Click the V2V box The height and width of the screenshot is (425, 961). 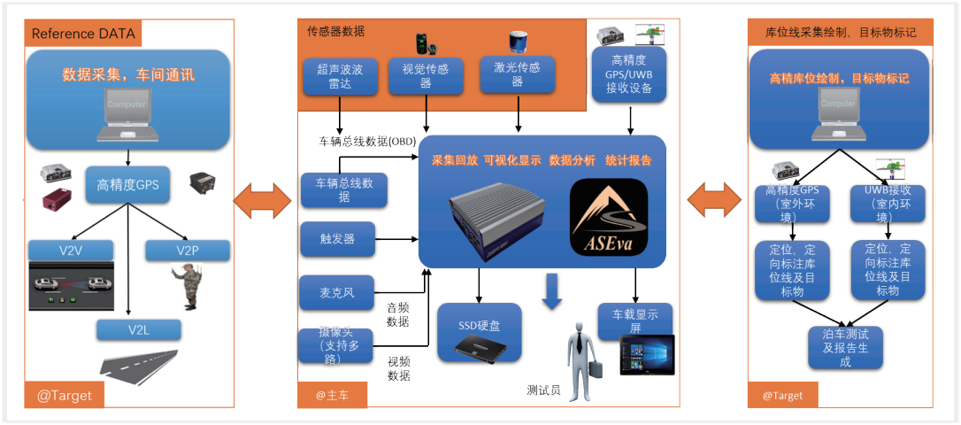click(71, 250)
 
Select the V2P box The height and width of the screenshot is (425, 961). click(187, 251)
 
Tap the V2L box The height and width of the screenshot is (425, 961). click(140, 330)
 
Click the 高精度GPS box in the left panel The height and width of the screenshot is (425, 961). click(127, 186)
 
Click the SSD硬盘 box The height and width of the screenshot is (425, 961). click(480, 331)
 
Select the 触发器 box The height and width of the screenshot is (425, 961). click(337, 239)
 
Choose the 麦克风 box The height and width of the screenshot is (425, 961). click(337, 292)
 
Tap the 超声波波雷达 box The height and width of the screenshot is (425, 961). click(340, 76)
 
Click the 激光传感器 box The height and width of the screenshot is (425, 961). click(518, 74)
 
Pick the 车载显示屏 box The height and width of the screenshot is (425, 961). click(634, 321)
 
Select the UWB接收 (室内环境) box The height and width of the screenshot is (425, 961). click(888, 204)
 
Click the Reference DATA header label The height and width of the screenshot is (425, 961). click(84, 35)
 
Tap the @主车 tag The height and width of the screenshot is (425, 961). click(333, 395)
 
